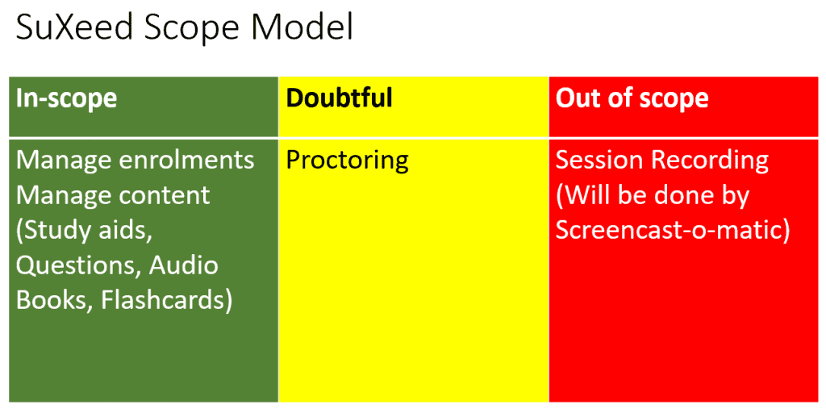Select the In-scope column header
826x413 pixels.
click(67, 98)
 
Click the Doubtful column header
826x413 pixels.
click(340, 98)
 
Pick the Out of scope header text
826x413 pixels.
click(632, 98)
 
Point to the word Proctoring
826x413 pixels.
click(348, 161)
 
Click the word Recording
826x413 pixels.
click(710, 161)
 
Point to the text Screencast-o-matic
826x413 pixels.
click(672, 231)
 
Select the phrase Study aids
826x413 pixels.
click(85, 231)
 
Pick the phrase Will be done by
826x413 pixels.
click(653, 195)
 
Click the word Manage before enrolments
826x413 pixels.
click(64, 161)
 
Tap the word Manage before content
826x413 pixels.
click(64, 196)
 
